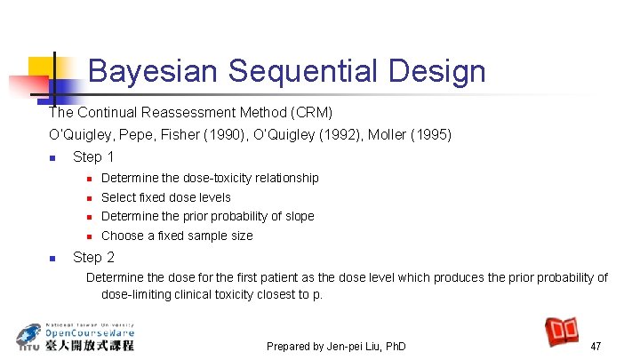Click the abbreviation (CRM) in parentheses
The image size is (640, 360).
coord(313,113)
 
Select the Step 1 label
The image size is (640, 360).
coord(93,157)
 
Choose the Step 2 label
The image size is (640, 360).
coord(93,258)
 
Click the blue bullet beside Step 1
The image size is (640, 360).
coord(52,158)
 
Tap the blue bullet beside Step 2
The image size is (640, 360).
coord(52,259)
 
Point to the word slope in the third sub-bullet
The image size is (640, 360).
coord(297,216)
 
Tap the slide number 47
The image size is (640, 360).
coord(596,345)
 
